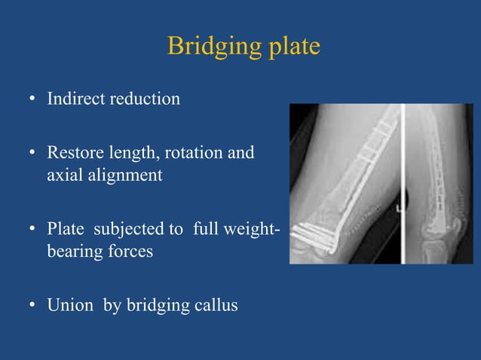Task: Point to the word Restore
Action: click(72, 154)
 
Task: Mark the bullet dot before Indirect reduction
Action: click(33, 99)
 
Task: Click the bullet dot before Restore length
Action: click(33, 154)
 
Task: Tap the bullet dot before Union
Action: click(33, 307)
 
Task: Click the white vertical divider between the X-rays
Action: click(403, 184)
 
